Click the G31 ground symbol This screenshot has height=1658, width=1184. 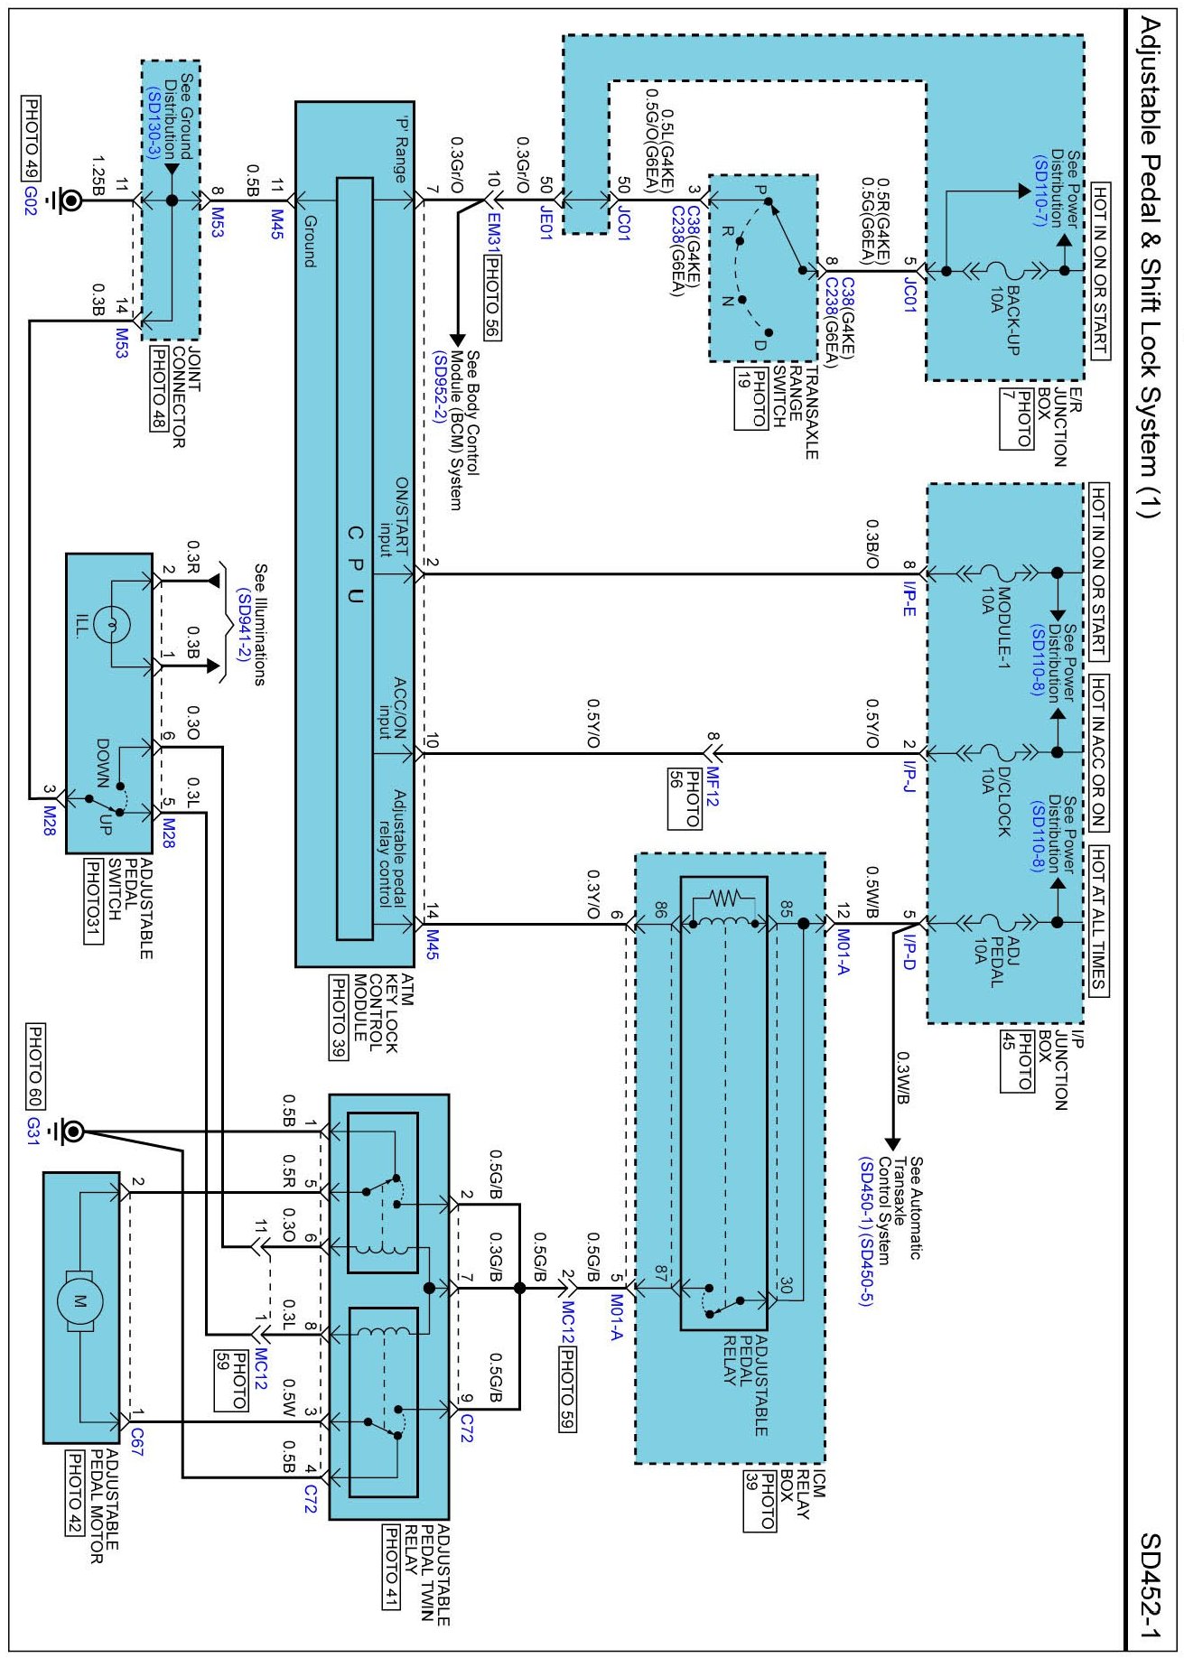(x=70, y=1131)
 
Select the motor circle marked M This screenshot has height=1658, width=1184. (x=79, y=1301)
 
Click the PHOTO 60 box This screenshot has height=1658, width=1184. (x=35, y=1067)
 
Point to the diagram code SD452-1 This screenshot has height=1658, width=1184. (x=1150, y=1586)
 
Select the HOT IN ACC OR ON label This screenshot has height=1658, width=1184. (x=1098, y=752)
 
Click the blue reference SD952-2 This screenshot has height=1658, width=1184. (x=440, y=387)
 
